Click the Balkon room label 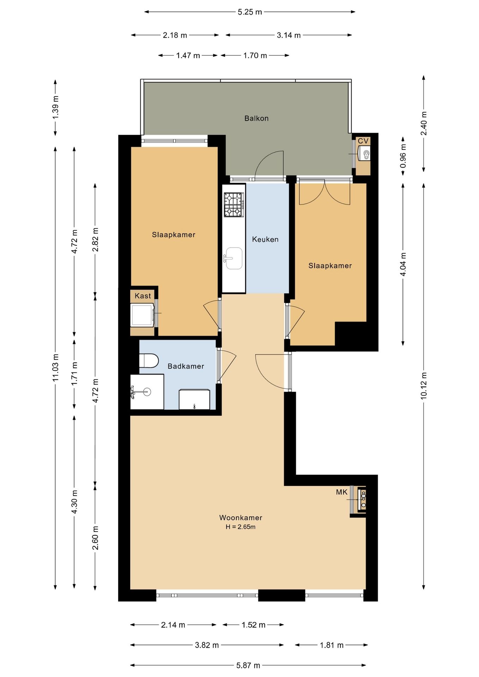[256, 118]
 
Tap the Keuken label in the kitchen [265, 239]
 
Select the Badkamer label [186, 366]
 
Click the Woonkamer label [241, 518]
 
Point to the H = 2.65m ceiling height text [241, 527]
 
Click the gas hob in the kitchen [234, 205]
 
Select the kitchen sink [234, 258]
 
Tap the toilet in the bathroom [149, 361]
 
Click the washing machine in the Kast [143, 315]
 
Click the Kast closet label [143, 296]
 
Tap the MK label [342, 492]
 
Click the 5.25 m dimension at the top [250, 12]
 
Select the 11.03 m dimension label [55, 367]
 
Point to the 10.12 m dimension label [424, 385]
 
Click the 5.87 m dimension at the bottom [248, 665]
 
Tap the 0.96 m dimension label [403, 155]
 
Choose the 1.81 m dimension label [332, 645]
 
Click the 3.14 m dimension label [289, 35]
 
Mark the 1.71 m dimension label [74, 374]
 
